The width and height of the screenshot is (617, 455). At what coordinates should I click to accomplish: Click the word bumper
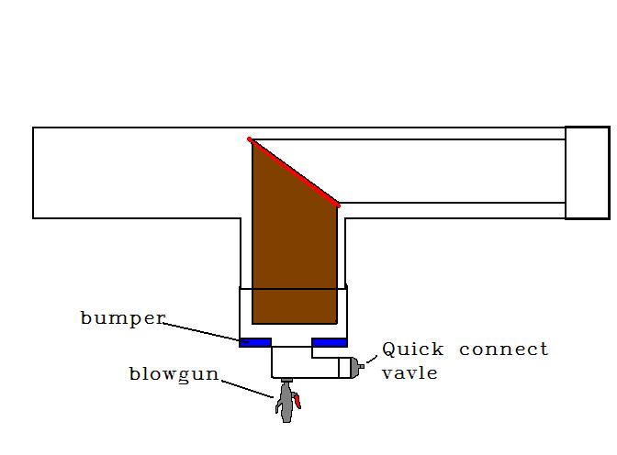(122, 318)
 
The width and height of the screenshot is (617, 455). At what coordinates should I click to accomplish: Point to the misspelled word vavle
(409, 373)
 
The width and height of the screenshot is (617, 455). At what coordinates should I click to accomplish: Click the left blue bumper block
(255, 342)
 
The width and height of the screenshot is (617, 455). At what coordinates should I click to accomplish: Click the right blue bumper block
(330, 342)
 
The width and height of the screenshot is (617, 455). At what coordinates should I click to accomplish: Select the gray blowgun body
(286, 405)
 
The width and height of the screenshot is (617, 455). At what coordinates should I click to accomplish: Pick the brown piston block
(292, 257)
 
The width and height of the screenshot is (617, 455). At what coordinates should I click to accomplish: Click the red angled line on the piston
(294, 172)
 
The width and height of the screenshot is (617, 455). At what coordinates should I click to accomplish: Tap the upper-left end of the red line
(250, 139)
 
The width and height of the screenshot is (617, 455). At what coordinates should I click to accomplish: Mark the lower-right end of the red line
(338, 205)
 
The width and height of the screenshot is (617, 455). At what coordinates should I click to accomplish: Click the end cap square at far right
(587, 172)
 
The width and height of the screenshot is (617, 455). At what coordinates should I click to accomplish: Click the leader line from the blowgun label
(248, 386)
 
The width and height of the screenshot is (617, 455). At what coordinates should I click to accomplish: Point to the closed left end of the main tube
(33, 172)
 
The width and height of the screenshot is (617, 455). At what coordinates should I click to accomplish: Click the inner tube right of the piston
(450, 172)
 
